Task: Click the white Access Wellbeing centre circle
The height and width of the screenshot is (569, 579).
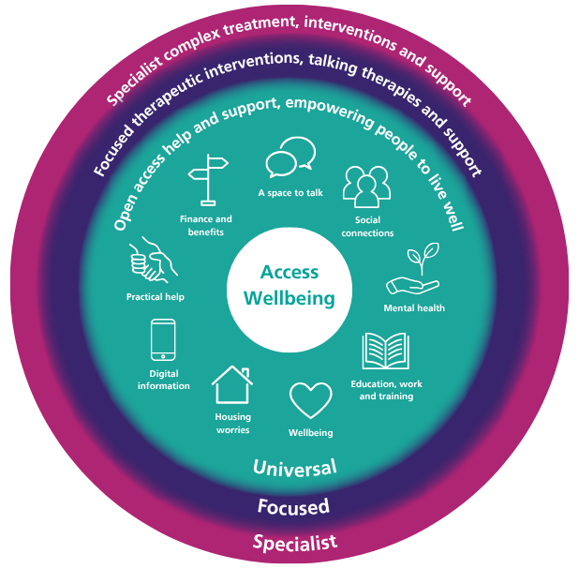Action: click(289, 285)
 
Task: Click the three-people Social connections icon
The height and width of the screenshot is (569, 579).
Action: click(365, 187)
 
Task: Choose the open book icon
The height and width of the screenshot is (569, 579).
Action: click(385, 352)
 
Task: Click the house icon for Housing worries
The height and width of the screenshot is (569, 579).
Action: click(231, 385)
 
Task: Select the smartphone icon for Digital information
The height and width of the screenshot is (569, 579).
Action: click(163, 341)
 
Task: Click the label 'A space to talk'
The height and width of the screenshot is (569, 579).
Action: click(290, 194)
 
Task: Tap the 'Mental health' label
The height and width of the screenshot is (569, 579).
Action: click(414, 307)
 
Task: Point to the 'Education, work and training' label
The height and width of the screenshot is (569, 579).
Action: click(381, 390)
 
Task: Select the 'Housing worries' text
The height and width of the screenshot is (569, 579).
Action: click(232, 423)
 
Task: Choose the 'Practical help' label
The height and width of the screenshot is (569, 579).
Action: click(156, 297)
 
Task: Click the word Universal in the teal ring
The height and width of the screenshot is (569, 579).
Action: click(295, 467)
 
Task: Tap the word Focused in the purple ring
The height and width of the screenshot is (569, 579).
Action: click(293, 507)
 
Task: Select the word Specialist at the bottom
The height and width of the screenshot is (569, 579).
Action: click(294, 542)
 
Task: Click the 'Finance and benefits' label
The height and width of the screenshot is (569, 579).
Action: click(206, 225)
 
